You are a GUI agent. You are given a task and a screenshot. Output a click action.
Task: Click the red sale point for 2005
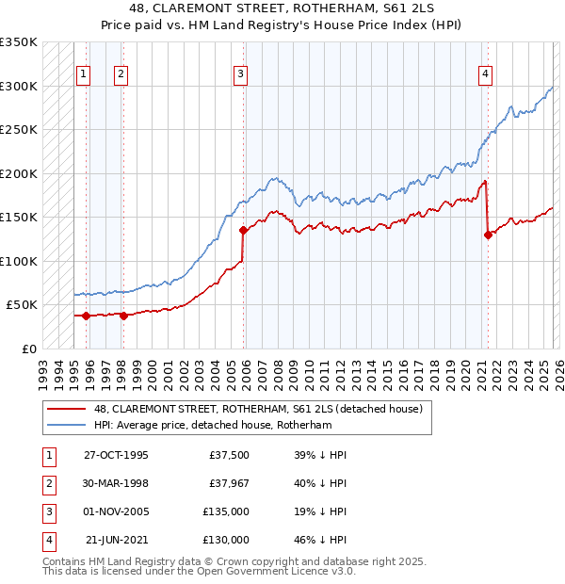click(243, 230)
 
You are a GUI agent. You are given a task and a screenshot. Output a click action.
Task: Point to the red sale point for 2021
click(488, 235)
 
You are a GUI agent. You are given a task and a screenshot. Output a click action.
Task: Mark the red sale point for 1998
click(123, 316)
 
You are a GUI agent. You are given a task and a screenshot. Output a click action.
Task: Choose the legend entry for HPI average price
click(214, 425)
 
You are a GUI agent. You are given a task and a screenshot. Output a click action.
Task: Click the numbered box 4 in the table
click(47, 540)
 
